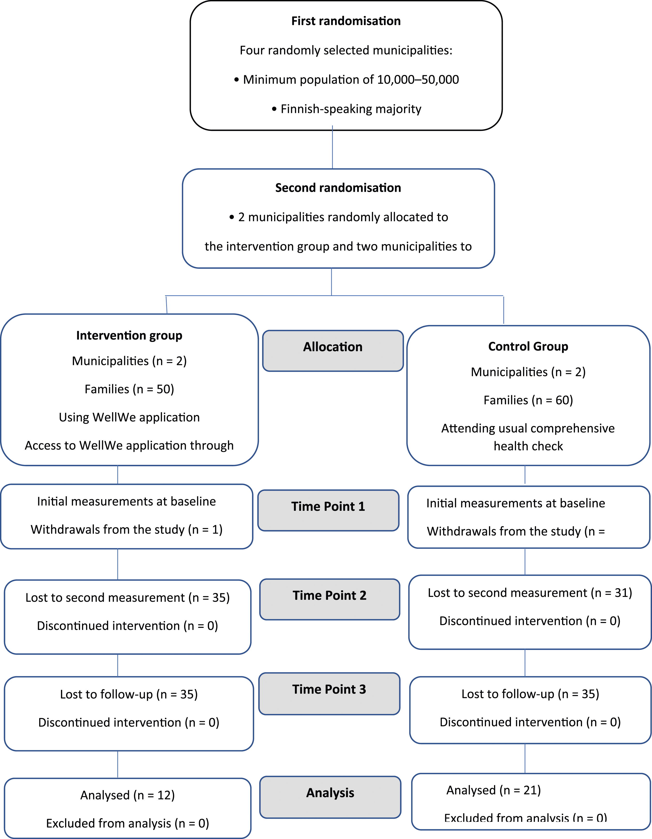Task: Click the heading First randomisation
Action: pos(346,21)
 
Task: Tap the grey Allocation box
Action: pos(333,351)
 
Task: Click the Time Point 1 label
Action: pos(328,506)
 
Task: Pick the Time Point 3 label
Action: pos(329,689)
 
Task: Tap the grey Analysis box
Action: pos(330,797)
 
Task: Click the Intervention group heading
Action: pos(129,335)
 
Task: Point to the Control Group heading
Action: pos(528,347)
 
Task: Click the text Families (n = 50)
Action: pos(129,389)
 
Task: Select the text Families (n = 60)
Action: pos(528,400)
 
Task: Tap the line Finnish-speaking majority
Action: pos(351,109)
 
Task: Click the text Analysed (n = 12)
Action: pos(127,795)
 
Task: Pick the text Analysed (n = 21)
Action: pos(494,790)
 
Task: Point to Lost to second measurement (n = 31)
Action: pos(530,593)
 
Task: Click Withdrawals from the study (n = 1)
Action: pos(127,529)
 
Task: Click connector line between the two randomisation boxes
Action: pos(332,147)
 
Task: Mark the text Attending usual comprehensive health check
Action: pos(528,437)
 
